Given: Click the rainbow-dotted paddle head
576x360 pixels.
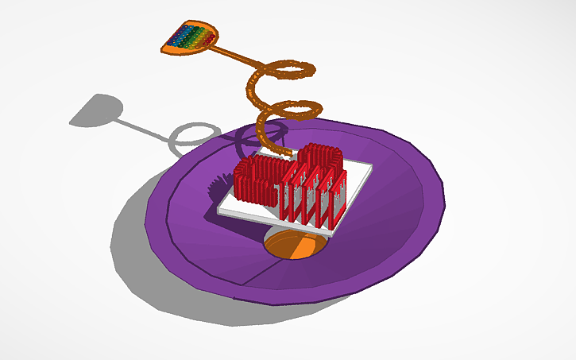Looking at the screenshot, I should pos(191,38).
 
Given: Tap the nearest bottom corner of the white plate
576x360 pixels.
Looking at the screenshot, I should pos(334,235).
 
